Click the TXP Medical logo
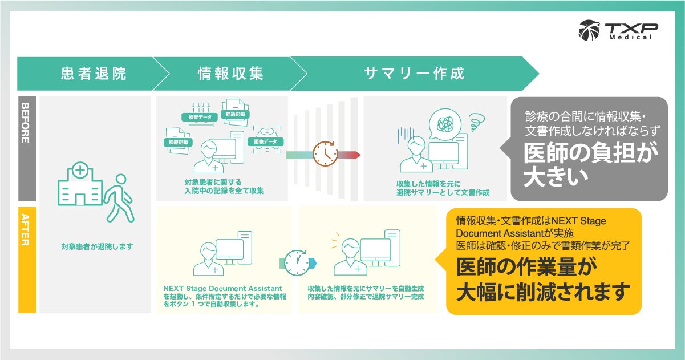tap(618, 30)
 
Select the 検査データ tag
tap(196, 117)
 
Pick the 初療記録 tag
tap(177, 141)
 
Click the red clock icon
tap(325, 154)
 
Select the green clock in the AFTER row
tap(297, 262)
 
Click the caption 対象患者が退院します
tap(96, 247)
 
